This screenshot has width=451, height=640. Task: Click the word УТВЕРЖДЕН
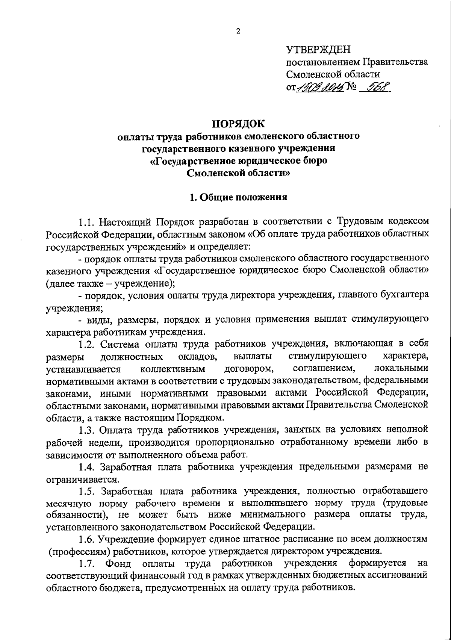click(x=318, y=49)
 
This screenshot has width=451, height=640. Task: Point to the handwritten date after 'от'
click(x=321, y=87)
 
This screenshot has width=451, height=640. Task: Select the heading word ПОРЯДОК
click(x=238, y=123)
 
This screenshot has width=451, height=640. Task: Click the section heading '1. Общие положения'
click(x=238, y=197)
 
